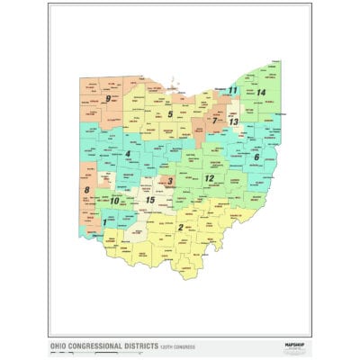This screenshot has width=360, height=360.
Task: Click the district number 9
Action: (108, 98)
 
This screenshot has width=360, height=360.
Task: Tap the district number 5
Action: (169, 114)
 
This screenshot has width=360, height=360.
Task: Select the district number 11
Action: (232, 90)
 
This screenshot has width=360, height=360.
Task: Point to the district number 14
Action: (261, 93)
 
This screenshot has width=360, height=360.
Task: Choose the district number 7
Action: (214, 120)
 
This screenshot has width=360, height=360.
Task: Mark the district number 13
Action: (234, 121)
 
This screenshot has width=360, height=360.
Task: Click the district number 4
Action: (129, 154)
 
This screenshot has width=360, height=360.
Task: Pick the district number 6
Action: (256, 157)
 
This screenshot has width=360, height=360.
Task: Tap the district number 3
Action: (171, 182)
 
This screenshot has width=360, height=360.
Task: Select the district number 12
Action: (209, 178)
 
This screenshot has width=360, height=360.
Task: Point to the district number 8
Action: (86, 191)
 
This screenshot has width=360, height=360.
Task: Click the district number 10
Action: (114, 201)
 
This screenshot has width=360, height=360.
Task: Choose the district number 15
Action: (150, 199)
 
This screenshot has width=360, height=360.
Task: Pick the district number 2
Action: (180, 228)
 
